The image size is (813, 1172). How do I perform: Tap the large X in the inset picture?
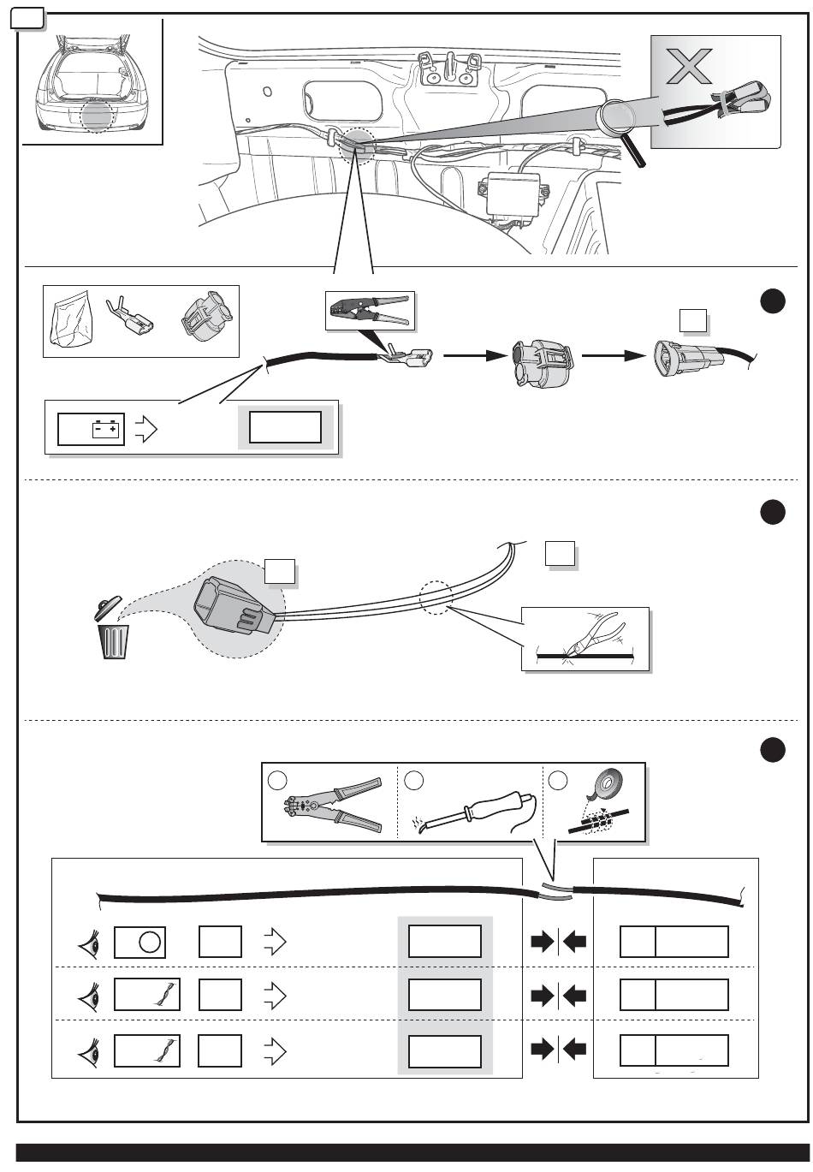[x=690, y=67]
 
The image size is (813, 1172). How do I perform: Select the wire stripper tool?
[x=333, y=806]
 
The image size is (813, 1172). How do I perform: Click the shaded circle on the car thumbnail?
[x=95, y=118]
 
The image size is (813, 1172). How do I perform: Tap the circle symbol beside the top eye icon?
[x=149, y=942]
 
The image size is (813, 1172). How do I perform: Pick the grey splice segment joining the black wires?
[x=556, y=891]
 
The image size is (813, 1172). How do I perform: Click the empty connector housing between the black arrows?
[x=540, y=361]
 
